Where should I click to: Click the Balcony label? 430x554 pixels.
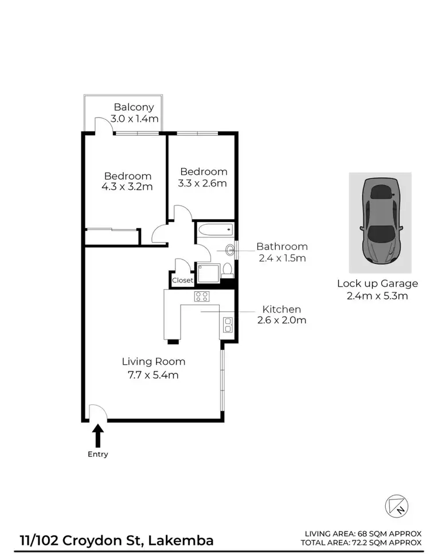(132, 107)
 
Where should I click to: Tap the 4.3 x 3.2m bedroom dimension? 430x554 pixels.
(128, 186)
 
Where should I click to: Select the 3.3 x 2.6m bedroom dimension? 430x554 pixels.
(204, 183)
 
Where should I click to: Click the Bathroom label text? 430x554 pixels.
(282, 247)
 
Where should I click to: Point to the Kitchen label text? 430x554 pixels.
(282, 309)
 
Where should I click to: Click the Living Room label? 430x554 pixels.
(153, 361)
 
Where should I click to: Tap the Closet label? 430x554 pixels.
(183, 280)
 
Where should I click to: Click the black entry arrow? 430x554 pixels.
(98, 435)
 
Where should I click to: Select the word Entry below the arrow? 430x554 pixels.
(98, 454)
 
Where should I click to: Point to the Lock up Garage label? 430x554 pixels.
(377, 283)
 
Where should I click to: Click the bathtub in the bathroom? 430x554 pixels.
(214, 231)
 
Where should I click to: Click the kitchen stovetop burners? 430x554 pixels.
(202, 296)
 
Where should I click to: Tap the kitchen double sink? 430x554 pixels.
(228, 325)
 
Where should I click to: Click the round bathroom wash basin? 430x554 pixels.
(230, 249)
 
